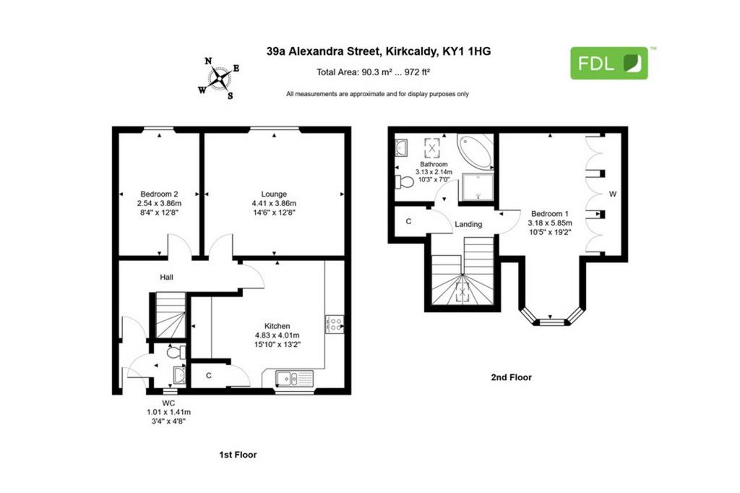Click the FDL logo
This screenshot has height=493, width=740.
click(x=608, y=63)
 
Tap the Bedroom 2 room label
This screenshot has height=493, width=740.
click(x=159, y=194)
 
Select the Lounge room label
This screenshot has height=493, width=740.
click(x=274, y=194)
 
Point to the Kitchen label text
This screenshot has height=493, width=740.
click(x=277, y=326)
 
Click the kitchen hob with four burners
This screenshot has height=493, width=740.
click(x=334, y=325)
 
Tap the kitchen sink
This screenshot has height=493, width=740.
click(x=294, y=379)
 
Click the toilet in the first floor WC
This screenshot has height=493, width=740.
click(x=176, y=352)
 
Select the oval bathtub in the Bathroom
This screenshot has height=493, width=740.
click(x=476, y=151)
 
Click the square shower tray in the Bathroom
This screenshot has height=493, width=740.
click(x=477, y=187)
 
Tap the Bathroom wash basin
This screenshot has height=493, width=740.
click(x=401, y=147)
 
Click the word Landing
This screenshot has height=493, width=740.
click(x=468, y=224)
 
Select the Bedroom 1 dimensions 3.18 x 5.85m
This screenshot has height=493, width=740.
click(x=550, y=223)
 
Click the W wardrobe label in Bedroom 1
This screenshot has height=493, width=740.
click(x=613, y=194)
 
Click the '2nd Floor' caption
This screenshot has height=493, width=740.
click(x=511, y=377)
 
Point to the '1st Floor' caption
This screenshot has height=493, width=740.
click(x=238, y=455)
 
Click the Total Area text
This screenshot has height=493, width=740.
click(x=373, y=72)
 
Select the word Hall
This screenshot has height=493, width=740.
click(x=167, y=277)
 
